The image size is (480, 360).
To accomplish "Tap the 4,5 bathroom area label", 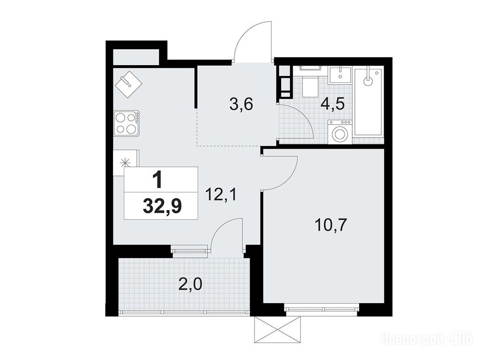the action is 332,104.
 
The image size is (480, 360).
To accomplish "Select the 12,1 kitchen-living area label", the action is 221,195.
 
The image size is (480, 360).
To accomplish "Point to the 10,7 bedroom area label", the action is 330,225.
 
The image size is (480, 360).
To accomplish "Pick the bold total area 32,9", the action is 162,206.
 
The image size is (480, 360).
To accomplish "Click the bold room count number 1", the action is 158,180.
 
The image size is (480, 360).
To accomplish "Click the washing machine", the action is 340,132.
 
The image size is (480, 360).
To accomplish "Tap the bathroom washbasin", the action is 340,75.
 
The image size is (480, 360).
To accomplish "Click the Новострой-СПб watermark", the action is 427,339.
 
